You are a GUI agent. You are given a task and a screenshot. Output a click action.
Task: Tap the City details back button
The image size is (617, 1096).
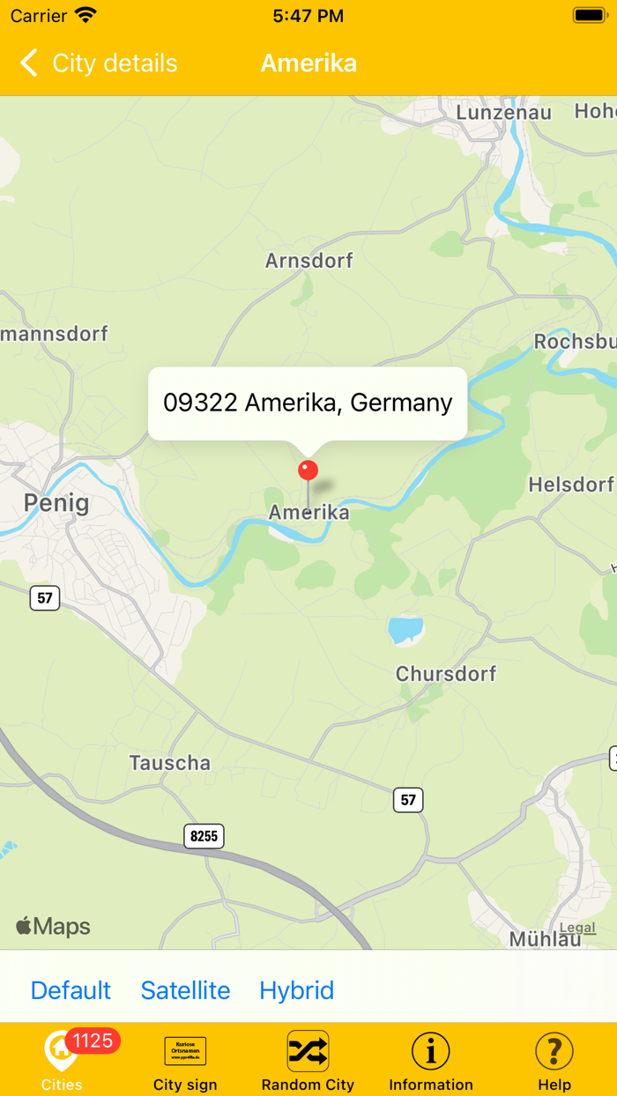point(97,63)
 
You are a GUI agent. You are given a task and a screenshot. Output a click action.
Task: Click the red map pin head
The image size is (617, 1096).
point(308,470)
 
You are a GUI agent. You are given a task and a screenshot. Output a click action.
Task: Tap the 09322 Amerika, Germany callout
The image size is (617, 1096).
point(308,403)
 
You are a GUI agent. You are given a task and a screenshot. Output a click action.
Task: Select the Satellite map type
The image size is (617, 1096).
point(185,990)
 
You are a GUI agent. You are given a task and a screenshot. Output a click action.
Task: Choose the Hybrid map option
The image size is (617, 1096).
point(296,990)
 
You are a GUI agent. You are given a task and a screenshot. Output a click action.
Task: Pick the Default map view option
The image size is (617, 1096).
point(71,990)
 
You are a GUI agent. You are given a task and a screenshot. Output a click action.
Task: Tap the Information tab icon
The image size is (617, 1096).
point(431,1052)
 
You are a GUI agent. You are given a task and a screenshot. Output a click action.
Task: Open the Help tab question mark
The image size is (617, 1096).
point(554,1052)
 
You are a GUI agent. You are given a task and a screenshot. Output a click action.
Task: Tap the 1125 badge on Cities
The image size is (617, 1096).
point(93,1041)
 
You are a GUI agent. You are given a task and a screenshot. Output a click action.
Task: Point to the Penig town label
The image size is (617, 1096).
point(56,503)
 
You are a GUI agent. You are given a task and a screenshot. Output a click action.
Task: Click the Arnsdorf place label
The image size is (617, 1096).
point(308,261)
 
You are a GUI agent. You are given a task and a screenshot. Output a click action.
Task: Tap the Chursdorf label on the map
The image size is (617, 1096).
point(446,674)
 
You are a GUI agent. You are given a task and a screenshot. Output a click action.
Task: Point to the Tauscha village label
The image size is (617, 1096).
point(170,763)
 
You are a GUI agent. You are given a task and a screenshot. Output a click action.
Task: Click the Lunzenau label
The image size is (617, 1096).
point(503,113)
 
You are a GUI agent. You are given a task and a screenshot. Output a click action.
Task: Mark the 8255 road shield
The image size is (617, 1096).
point(204,836)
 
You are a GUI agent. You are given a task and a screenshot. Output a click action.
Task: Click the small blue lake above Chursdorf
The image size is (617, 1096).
point(405,629)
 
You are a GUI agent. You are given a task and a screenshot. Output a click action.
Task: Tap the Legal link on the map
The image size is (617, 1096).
point(577,928)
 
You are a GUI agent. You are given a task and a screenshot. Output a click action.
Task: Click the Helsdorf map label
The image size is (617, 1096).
point(571,485)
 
